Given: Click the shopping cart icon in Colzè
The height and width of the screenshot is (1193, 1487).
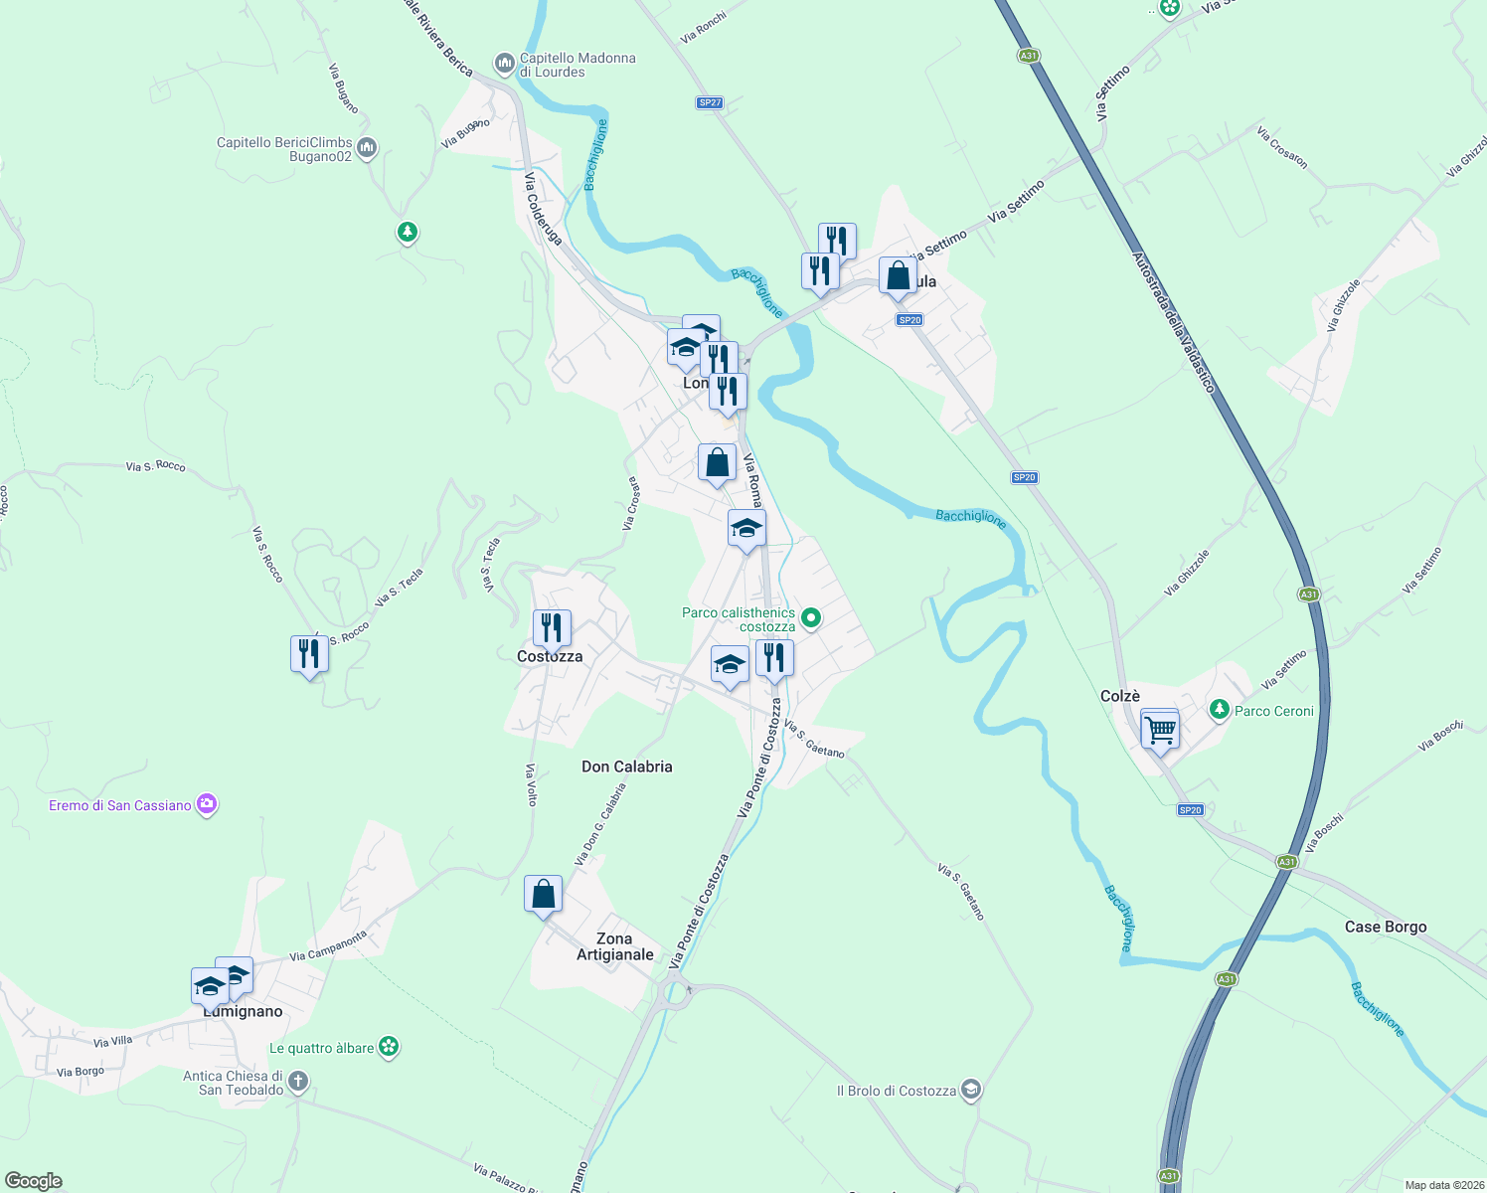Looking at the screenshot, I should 1160,731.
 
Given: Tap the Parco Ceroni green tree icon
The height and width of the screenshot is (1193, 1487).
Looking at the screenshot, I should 1219,710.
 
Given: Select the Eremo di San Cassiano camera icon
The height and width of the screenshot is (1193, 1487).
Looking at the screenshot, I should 207,804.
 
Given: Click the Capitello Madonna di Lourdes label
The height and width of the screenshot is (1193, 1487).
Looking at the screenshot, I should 577,65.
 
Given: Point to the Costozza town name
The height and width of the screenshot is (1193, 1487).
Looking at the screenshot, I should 550,656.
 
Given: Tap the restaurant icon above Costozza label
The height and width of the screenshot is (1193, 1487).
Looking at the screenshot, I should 552,628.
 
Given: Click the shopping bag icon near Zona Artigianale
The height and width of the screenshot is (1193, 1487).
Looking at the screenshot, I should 544,895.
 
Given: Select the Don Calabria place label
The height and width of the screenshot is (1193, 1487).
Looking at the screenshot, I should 626,767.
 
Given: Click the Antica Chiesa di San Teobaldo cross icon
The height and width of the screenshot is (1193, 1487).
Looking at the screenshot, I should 298,1082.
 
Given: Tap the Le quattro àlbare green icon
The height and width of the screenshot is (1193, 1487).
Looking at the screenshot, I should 389,1047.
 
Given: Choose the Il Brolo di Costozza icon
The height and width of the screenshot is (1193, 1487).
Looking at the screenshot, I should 971,1090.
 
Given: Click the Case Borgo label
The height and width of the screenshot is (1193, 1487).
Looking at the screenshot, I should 1385,927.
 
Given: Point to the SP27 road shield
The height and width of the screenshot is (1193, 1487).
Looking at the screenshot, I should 709,102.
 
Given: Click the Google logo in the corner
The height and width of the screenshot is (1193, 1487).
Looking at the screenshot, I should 34,1180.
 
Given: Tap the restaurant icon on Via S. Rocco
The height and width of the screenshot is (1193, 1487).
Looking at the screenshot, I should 309,654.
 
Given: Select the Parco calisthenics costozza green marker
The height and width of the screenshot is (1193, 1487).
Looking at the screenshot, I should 811,618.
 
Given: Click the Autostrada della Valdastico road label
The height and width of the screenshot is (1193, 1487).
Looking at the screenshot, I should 1173,322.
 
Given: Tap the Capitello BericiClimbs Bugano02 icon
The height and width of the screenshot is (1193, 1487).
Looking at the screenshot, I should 367,149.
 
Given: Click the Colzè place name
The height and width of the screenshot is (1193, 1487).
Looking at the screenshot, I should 1120,696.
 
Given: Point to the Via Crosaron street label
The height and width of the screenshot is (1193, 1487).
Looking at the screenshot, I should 1282,147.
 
